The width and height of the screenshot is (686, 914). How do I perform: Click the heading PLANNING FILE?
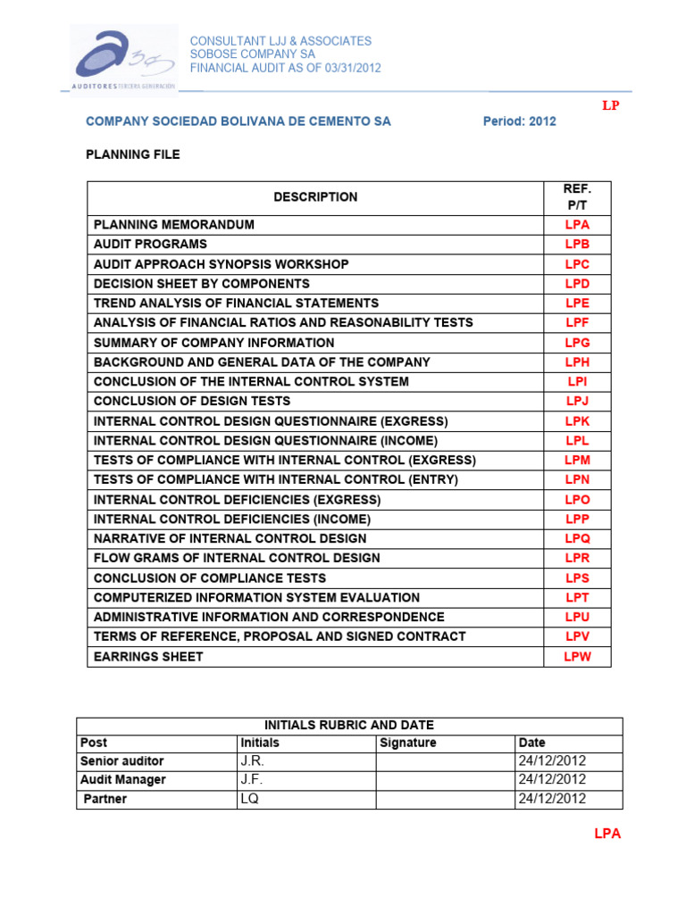[132, 154]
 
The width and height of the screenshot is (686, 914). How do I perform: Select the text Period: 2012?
[519, 121]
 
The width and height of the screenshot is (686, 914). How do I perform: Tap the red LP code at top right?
[610, 105]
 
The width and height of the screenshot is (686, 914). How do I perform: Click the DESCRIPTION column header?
[315, 197]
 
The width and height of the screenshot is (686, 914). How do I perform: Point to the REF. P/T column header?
[577, 197]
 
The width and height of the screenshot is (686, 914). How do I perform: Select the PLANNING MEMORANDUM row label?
[174, 225]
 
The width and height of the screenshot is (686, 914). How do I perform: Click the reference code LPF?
[577, 323]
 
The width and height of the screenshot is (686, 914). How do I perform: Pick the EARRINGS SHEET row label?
[148, 657]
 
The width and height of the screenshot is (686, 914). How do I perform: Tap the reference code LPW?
[577, 657]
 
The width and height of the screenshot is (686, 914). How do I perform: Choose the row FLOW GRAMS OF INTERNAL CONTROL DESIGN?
[237, 559]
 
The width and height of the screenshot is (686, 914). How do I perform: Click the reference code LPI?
[577, 382]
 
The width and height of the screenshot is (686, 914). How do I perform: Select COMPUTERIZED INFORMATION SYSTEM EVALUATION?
[256, 598]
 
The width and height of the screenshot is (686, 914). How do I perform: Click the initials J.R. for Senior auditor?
[252, 761]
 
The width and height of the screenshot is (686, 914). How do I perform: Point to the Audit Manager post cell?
[123, 780]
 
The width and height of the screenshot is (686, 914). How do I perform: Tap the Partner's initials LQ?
[249, 799]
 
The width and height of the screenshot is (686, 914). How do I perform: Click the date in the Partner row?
[552, 799]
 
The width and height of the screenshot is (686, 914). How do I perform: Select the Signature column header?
[408, 743]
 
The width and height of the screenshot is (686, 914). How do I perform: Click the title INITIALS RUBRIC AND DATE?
[348, 725]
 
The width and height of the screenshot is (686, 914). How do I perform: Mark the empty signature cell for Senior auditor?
[444, 761]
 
